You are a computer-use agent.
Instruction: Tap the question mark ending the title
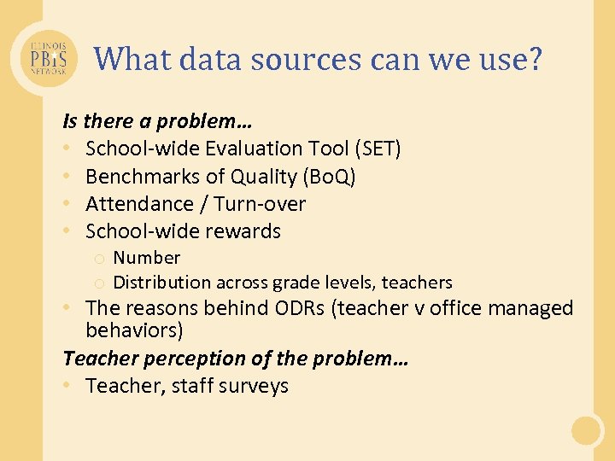click(x=534, y=59)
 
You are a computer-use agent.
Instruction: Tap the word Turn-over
click(x=260, y=204)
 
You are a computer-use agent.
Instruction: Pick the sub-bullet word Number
click(x=147, y=258)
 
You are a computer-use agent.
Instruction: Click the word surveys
click(x=254, y=386)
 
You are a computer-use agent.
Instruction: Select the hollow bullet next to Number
click(x=100, y=259)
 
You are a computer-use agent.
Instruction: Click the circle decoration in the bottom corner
click(x=588, y=430)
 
